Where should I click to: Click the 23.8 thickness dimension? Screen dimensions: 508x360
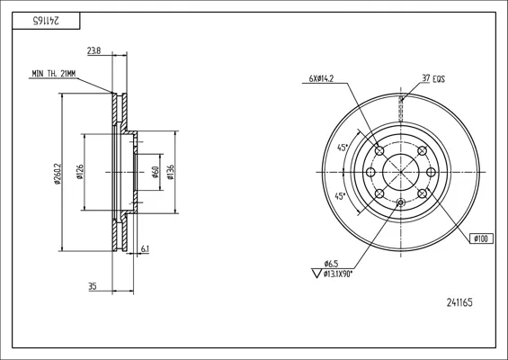[x=94, y=51]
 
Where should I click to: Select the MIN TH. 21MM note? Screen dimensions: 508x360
[x=54, y=74]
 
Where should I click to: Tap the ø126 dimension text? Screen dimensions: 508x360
[x=80, y=172]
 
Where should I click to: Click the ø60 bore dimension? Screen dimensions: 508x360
[x=156, y=172]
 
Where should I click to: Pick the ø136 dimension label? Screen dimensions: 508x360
[x=171, y=172]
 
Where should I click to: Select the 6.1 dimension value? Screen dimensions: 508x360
[x=145, y=248]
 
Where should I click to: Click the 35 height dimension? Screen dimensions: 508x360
[x=93, y=286]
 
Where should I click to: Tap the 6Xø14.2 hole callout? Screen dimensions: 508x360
[x=321, y=78]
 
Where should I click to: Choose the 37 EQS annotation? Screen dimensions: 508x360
[x=433, y=78]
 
